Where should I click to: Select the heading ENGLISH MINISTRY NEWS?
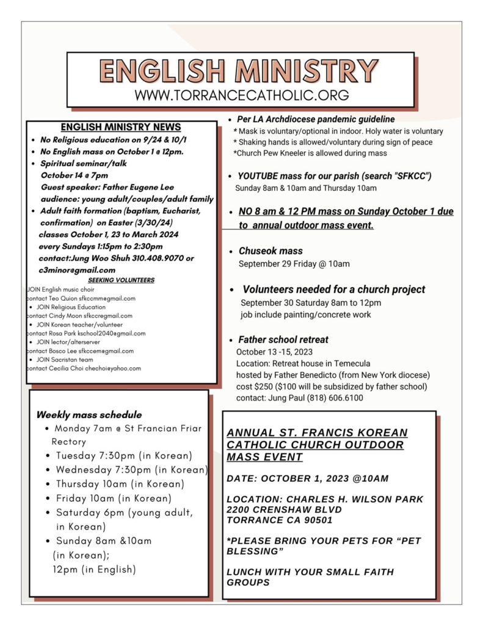click(x=121, y=127)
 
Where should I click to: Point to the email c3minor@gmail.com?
click(x=78, y=270)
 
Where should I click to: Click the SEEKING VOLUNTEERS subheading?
click(x=121, y=280)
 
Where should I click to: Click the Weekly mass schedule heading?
click(x=89, y=414)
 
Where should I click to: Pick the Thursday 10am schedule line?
click(x=112, y=484)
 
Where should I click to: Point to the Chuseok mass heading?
click(x=271, y=251)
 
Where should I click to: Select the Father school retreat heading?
click(x=283, y=339)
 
